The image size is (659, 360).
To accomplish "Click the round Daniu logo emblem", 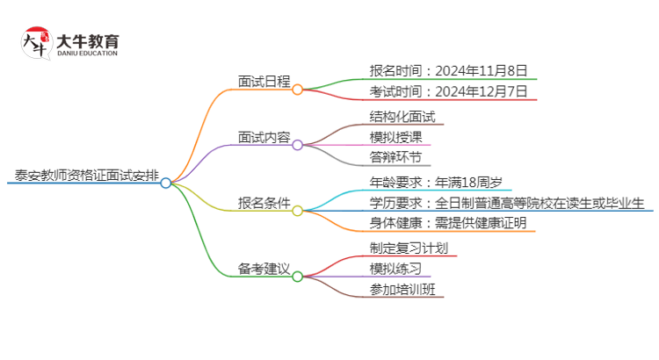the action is [x=37, y=43].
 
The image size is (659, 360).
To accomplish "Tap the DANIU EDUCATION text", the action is [x=87, y=54].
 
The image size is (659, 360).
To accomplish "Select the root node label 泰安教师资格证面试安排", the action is [x=87, y=175].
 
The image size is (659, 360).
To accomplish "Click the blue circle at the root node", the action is [x=165, y=183].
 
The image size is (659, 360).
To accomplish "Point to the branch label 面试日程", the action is [x=264, y=81].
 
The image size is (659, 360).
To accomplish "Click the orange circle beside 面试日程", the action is [x=297, y=90].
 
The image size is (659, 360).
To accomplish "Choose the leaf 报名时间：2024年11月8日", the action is [x=448, y=70].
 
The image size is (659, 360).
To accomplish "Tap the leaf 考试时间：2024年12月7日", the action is [x=448, y=91].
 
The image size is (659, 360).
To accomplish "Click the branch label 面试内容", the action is [x=264, y=137].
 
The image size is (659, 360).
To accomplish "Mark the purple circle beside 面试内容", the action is [x=297, y=145].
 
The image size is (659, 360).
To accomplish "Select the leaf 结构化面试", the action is [x=402, y=117].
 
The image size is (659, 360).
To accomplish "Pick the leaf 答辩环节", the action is [x=395, y=157].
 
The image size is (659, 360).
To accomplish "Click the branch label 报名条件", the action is [x=264, y=203].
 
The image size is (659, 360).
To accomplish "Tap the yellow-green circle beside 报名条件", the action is [x=297, y=211].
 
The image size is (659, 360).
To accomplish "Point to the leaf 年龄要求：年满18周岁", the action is [x=436, y=183].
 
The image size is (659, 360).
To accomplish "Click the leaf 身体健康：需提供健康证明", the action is [x=448, y=223].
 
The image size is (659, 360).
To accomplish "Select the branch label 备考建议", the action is [x=264, y=269].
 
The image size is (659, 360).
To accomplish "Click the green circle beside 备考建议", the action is [x=297, y=277].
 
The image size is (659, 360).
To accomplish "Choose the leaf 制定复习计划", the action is [x=409, y=248].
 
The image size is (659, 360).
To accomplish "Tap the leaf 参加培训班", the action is [x=402, y=289].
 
